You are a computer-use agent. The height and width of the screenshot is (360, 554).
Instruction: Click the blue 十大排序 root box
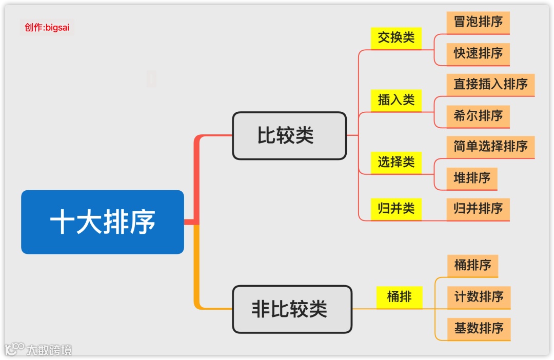coord(102,222)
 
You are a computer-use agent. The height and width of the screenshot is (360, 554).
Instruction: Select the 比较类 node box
coord(289,136)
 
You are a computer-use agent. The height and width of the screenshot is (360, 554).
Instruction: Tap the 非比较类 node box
coord(292,309)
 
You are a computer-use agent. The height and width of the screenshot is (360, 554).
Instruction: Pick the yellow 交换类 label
coord(396,38)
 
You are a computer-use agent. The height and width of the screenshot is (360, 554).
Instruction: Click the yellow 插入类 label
coord(396,100)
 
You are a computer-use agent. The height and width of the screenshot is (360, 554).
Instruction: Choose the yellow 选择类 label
coord(396,163)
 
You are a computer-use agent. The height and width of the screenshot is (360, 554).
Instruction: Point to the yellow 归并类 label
coord(396,209)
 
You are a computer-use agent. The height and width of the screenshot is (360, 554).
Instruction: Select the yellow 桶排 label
coord(399,297)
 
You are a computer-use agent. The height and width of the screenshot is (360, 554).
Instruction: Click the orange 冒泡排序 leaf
coord(478,22)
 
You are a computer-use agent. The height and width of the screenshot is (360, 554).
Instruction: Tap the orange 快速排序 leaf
coord(478,53)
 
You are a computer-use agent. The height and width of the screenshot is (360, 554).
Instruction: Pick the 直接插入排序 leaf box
coord(490,84)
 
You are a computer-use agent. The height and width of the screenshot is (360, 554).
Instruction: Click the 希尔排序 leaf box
coord(478,116)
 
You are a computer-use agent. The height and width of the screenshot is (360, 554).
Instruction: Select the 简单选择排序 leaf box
coord(490,147)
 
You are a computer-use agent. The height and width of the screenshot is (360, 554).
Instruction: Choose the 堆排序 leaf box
coord(472,178)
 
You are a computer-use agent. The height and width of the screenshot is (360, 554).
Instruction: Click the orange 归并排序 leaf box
coord(478,209)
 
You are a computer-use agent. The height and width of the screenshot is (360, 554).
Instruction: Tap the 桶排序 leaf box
coord(472,266)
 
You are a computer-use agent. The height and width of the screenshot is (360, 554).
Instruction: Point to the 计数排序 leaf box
coord(479,297)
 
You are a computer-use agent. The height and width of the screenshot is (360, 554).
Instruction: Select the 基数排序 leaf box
coord(479,328)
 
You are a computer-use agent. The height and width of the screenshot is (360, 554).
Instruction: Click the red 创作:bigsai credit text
coord(47,27)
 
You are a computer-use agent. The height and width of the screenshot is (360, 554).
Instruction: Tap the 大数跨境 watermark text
coord(49,350)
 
